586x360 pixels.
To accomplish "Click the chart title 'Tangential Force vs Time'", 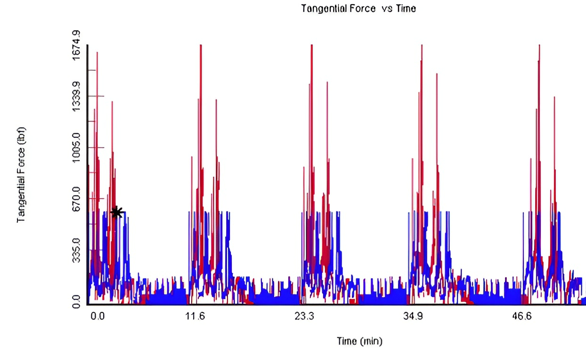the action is pyautogui.click(x=358, y=8).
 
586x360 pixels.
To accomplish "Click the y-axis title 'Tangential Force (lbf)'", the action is pyautogui.click(x=21, y=175).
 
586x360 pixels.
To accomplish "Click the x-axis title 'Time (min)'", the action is pyautogui.click(x=359, y=341).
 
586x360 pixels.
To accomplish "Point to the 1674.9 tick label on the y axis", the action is pyautogui.click(x=76, y=45).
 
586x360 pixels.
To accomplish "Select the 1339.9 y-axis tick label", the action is pyautogui.click(x=76, y=97).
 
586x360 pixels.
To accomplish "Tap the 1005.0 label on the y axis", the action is pyautogui.click(x=76, y=147).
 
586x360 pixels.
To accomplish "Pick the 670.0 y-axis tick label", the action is pyautogui.click(x=76, y=199).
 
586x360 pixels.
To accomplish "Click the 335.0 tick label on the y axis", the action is pyautogui.click(x=76, y=250).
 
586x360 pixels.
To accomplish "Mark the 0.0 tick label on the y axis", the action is pyautogui.click(x=76, y=302).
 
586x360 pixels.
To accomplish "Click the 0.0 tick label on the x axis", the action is pyautogui.click(x=98, y=316).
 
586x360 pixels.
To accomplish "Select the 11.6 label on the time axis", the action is pyautogui.click(x=195, y=316).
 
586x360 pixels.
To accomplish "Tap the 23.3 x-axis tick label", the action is pyautogui.click(x=304, y=316).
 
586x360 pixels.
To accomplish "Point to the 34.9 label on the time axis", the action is pyautogui.click(x=413, y=316).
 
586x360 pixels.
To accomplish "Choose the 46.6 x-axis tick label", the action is pyautogui.click(x=522, y=316).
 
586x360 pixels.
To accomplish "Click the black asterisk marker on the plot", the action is pyautogui.click(x=117, y=212).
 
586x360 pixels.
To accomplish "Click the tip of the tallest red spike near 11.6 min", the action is pyautogui.click(x=201, y=45).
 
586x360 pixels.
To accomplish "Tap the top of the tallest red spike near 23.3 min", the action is pyautogui.click(x=312, y=45).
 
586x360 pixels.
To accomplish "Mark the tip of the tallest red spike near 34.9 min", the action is pyautogui.click(x=422, y=45).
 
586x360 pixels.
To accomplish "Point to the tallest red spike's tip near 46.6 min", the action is pyautogui.click(x=539, y=45).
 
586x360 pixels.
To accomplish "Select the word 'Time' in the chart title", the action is pyautogui.click(x=406, y=8).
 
